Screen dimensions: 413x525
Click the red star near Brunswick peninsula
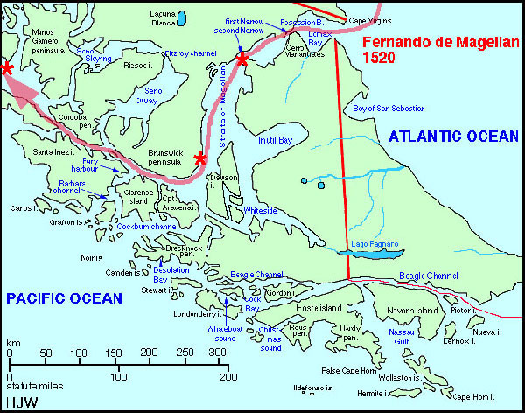click(200, 158)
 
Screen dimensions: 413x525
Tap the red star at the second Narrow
click(241, 59)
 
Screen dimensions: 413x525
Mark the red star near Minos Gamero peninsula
click(7, 67)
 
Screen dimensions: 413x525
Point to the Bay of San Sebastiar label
click(388, 108)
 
